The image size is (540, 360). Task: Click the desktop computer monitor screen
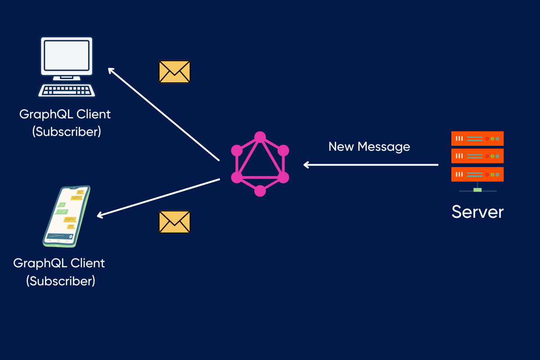point(67,57)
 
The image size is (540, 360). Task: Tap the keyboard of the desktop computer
point(67,90)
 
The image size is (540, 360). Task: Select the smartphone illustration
point(67,216)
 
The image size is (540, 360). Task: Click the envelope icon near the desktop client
point(175,72)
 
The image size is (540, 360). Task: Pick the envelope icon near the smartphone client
point(175,222)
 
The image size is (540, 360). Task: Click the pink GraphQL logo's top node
point(260,137)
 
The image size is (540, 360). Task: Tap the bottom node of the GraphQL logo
point(260,191)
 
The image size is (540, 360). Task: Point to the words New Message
point(369,147)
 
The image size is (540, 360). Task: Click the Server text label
point(477,211)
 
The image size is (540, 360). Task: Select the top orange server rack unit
point(477,138)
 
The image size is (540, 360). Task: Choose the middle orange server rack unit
point(477,156)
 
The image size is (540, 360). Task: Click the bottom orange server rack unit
point(477,174)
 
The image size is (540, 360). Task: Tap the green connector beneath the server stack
point(477,190)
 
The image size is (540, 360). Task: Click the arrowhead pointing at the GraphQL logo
point(306,165)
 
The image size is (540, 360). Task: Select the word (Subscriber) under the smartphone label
point(61,281)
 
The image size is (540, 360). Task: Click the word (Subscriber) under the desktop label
point(67,132)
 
